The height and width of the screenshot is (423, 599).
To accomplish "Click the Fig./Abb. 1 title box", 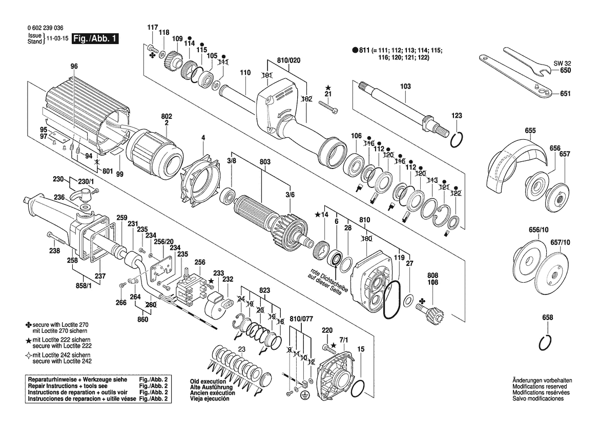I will (x=95, y=38).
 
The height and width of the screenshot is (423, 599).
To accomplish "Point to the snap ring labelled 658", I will (x=548, y=342).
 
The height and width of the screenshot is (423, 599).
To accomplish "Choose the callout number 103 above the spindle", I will (x=405, y=87).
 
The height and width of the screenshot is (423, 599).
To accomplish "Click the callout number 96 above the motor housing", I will (x=74, y=66).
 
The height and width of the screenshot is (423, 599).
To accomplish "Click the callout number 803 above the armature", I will (x=264, y=161).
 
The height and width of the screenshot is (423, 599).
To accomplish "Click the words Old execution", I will (x=208, y=382).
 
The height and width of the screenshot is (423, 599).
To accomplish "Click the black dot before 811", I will (x=355, y=50).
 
